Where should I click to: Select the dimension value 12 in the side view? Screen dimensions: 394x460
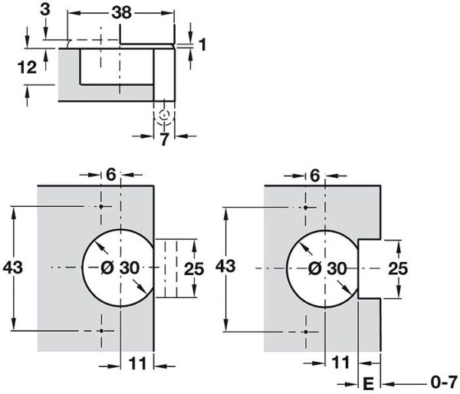coord(27,67)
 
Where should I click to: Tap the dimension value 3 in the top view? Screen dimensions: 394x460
coord(47,10)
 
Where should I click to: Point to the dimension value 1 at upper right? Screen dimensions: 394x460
coord(202,44)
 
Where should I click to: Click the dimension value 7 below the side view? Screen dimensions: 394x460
coord(163,140)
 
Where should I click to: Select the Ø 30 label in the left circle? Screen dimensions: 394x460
coord(120,268)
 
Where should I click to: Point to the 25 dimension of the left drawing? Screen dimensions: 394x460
coord(194,268)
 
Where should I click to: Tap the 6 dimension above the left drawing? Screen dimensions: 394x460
coord(110,175)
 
